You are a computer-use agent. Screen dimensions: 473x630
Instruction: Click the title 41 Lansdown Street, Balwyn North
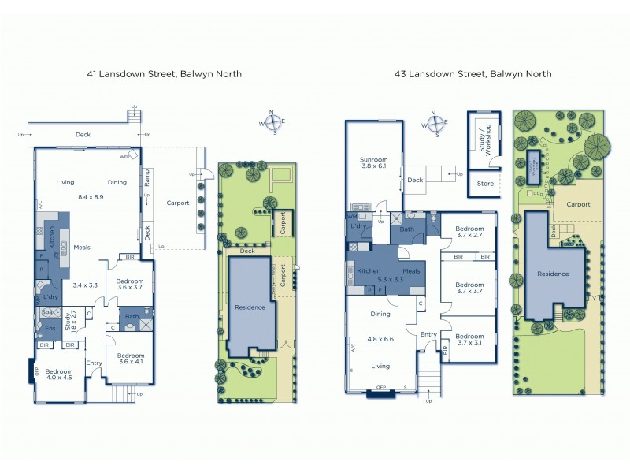(164, 74)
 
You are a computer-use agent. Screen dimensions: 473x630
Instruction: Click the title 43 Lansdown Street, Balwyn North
(474, 74)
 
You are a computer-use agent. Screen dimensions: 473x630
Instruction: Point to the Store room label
(485, 184)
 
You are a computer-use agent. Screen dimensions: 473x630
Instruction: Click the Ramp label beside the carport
(146, 180)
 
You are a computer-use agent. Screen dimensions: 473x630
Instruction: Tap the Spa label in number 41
(46, 312)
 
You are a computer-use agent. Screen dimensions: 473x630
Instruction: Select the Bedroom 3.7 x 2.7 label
(469, 232)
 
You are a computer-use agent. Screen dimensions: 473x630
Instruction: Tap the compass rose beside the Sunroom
(433, 122)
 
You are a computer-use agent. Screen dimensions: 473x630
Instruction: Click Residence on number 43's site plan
(553, 274)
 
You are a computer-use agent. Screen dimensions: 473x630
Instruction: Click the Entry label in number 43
(428, 334)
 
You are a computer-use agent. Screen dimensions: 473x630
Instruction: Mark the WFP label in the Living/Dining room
(124, 157)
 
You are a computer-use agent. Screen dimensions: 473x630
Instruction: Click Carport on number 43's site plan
(579, 203)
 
